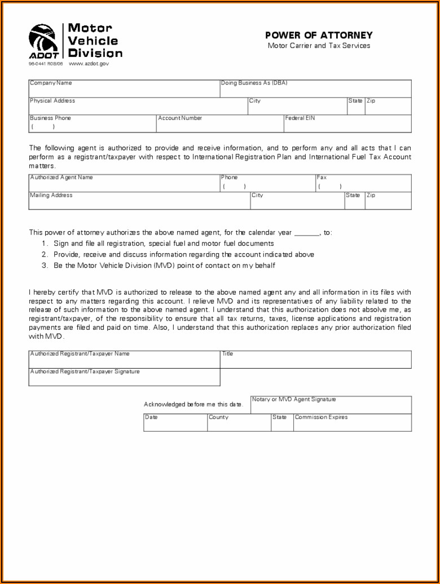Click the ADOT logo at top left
[43, 41]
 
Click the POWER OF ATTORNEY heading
[319, 36]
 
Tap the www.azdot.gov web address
[89, 64]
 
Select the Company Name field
[124, 89]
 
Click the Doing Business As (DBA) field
[315, 89]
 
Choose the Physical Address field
[138, 107]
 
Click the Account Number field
[219, 124]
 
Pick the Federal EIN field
[347, 124]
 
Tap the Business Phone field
[92, 124]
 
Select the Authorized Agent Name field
[124, 184]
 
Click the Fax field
[363, 184]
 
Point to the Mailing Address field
[139, 201]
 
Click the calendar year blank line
[307, 233]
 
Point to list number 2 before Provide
[44, 255]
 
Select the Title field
[315, 360]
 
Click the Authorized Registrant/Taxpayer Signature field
[124, 378]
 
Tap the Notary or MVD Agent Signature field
[331, 405]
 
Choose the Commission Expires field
[352, 423]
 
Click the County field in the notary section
[239, 423]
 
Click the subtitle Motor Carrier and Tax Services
[319, 46]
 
